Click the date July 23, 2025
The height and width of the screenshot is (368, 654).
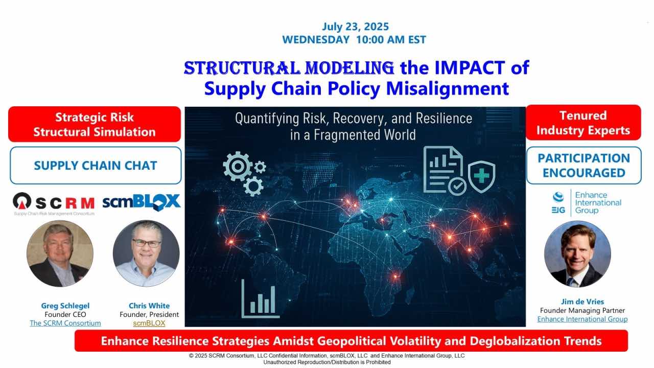coord(355,27)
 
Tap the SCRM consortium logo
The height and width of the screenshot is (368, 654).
coord(54,204)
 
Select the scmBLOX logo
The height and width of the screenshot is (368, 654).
coord(142,202)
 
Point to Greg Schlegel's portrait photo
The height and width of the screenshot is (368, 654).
coord(60,254)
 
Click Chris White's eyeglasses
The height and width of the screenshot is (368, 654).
coord(147,243)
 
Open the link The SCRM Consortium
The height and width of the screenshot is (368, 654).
coord(65,323)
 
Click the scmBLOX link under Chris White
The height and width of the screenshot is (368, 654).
coord(149,323)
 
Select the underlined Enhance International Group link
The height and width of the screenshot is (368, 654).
coord(582,319)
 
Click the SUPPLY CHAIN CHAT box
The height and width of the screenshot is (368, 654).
coord(96,165)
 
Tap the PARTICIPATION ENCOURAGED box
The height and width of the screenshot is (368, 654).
coord(584,165)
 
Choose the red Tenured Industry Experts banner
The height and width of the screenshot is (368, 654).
coord(583,123)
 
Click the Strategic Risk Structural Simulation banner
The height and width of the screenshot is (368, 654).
coord(95,124)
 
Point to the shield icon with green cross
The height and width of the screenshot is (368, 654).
coord(481,176)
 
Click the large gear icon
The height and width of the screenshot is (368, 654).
coord(238,167)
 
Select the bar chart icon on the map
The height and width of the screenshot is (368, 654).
coord(260,298)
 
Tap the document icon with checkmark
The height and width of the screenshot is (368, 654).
coord(444,170)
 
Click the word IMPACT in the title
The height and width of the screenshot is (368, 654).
coord(470,68)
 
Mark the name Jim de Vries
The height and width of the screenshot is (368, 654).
coord(582,302)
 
